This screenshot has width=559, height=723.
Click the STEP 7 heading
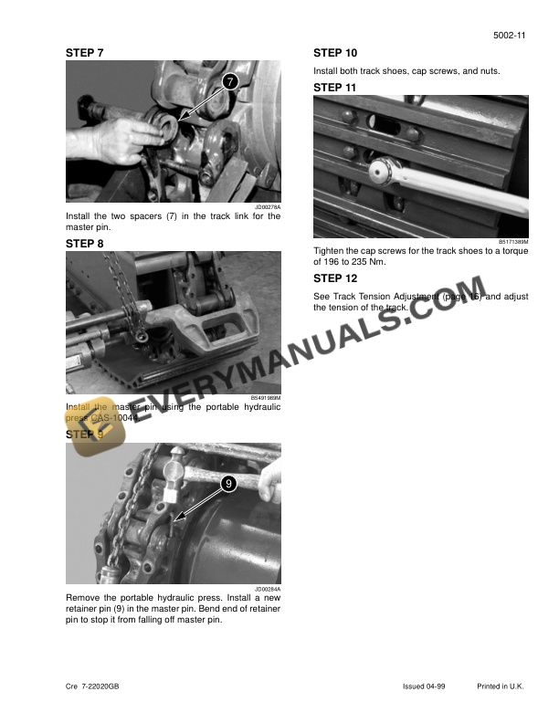pos(85,53)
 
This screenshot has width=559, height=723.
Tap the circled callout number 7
pos(228,82)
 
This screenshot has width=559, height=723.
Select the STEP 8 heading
pos(85,244)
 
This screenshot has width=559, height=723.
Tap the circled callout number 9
pos(228,482)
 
